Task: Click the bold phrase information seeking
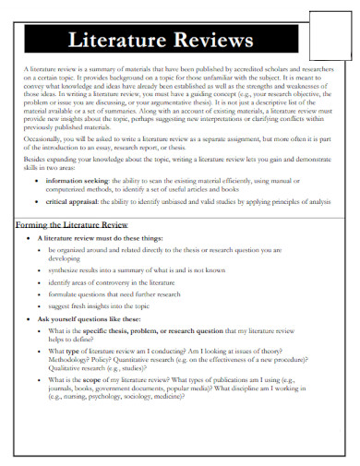76,208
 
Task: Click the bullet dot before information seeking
38,208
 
